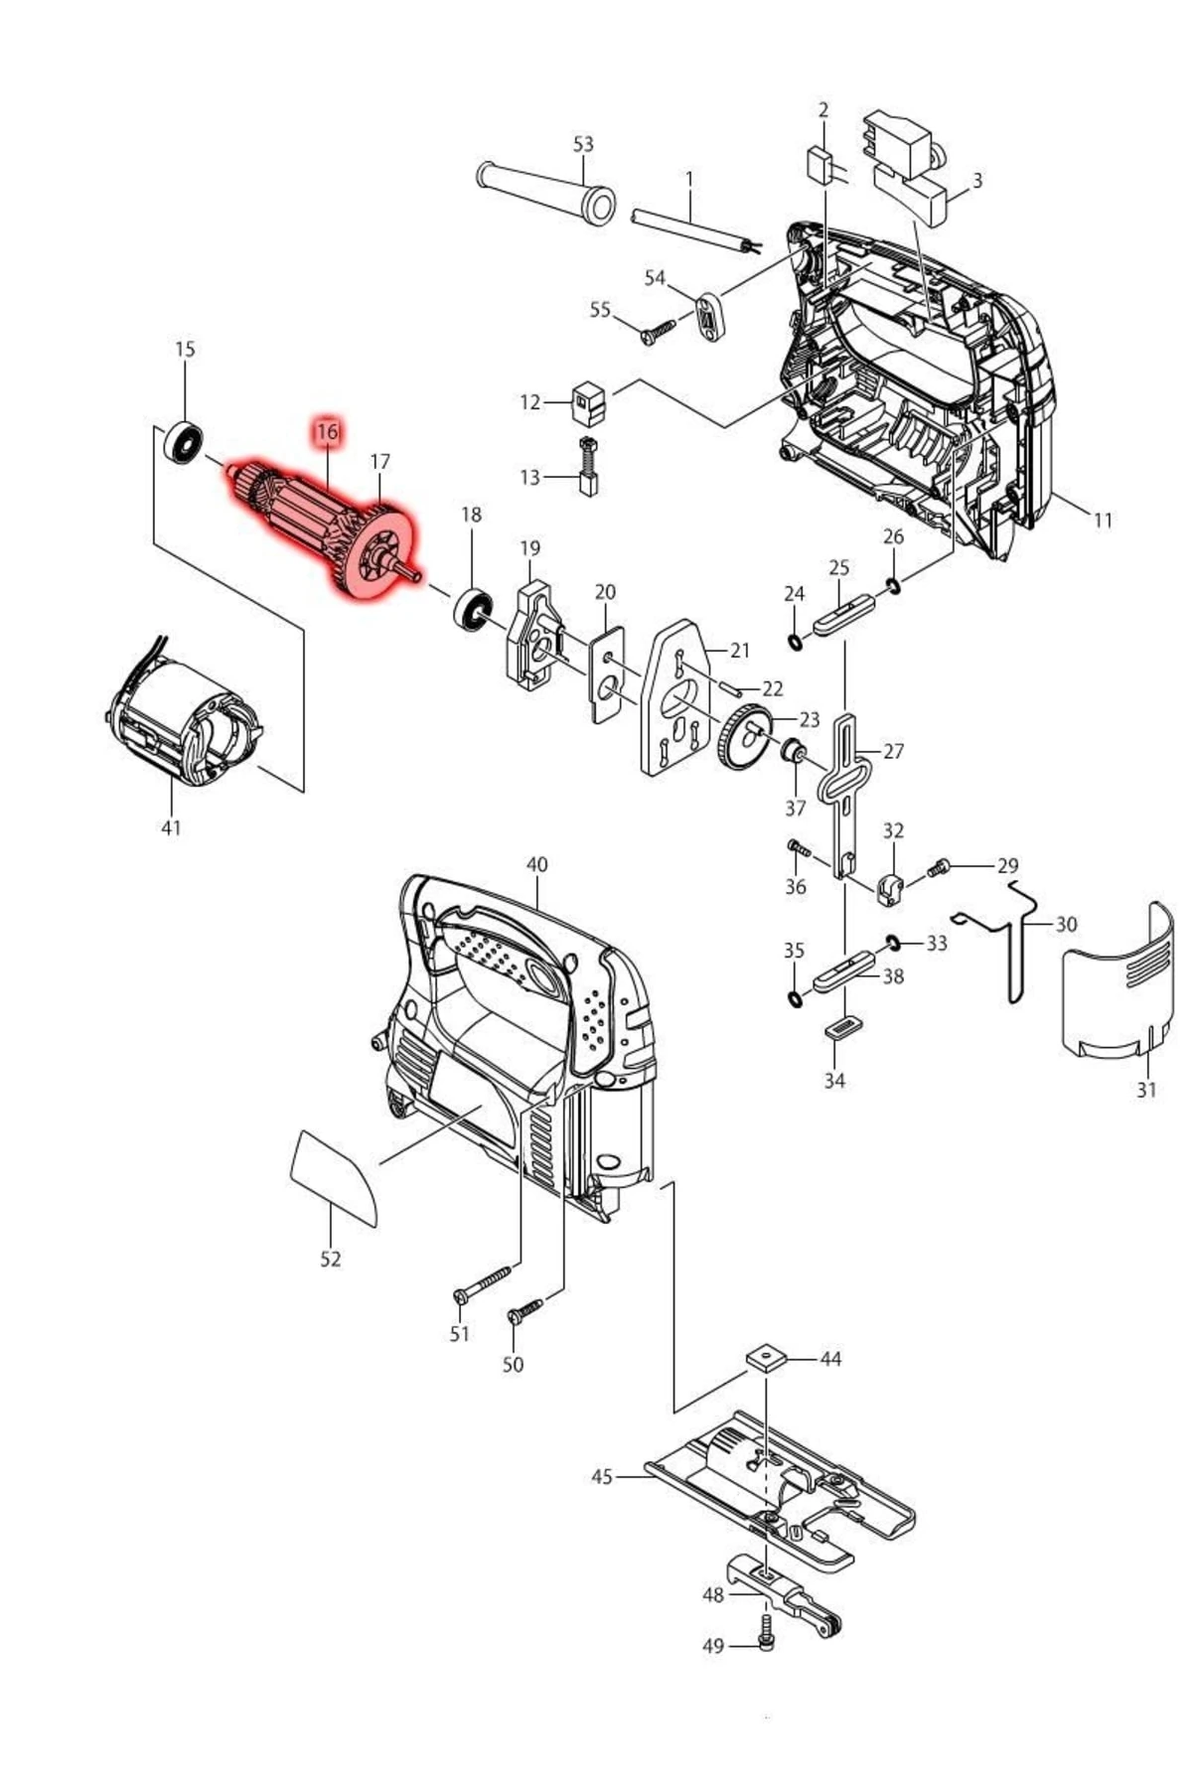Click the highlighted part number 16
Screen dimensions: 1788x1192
coord(327,432)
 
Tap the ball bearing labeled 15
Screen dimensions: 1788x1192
coord(185,442)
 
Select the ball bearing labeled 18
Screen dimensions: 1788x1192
coord(473,609)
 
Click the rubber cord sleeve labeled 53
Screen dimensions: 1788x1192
coord(546,191)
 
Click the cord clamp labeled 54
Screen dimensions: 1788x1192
coord(710,314)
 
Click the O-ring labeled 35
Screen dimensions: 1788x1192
coord(794,996)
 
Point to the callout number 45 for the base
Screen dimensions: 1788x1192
coord(601,1477)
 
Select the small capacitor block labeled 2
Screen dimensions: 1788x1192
coord(820,164)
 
